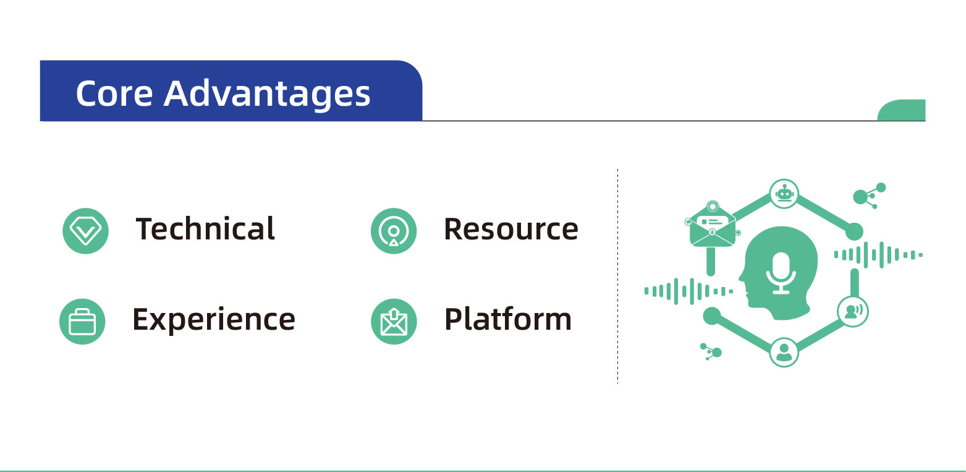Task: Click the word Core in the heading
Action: [114, 93]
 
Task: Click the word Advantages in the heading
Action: [267, 96]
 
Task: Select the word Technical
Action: [205, 228]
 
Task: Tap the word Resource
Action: [511, 229]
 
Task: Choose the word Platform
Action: [508, 320]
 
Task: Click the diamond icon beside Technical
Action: [85, 231]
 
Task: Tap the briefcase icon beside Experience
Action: [82, 322]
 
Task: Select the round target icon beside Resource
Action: [394, 231]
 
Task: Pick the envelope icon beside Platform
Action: [394, 322]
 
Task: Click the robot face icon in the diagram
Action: [784, 194]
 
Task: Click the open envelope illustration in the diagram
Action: [713, 225]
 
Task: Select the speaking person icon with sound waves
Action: [852, 311]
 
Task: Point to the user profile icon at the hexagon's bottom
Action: [784, 353]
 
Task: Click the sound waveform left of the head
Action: [688, 291]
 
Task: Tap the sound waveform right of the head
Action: [878, 255]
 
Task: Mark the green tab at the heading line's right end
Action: [901, 110]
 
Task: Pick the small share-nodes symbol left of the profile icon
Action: [711, 351]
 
